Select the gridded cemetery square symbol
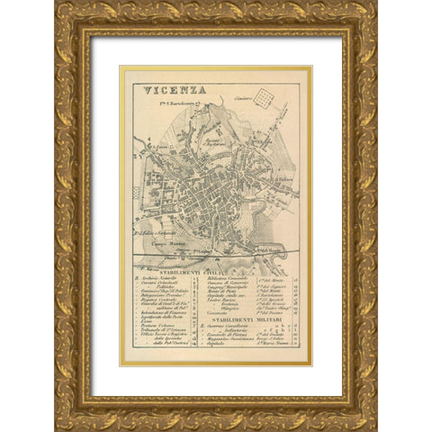(x=264, y=95)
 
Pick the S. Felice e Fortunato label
(x=156, y=231)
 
